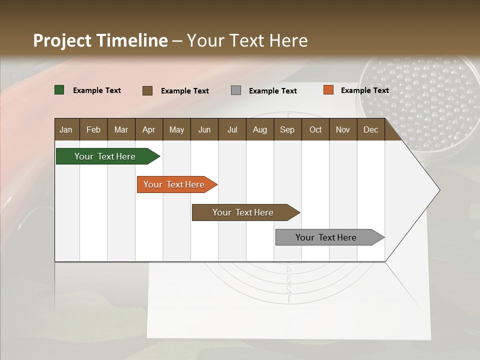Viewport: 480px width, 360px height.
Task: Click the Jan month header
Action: [x=66, y=130]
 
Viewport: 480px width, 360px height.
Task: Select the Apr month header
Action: [x=148, y=130]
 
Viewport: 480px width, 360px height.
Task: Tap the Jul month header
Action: [x=232, y=130]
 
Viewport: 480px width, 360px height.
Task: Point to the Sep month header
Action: [x=287, y=130]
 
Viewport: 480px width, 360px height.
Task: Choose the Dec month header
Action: [x=370, y=130]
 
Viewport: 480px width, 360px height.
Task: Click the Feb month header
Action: [x=93, y=130]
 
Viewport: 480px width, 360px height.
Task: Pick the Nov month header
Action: [x=343, y=130]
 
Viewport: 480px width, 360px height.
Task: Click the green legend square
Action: [x=59, y=90]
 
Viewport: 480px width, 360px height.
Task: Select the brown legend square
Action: [x=147, y=90]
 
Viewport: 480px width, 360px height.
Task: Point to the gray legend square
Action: [x=236, y=90]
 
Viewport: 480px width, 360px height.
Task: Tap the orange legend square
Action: [x=328, y=90]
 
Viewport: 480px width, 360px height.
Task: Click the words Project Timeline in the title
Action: [x=100, y=40]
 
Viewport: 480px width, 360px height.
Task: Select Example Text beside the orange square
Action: [x=364, y=90]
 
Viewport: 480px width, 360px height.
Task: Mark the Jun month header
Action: [x=204, y=130]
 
